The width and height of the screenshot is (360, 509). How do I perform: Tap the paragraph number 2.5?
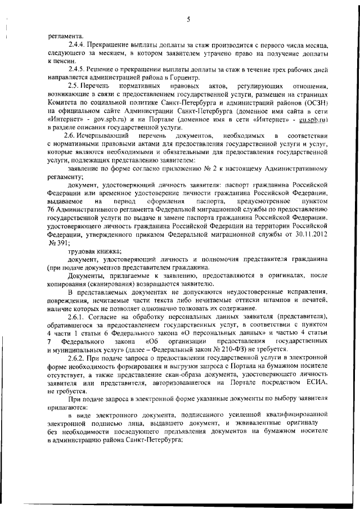(73, 84)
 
